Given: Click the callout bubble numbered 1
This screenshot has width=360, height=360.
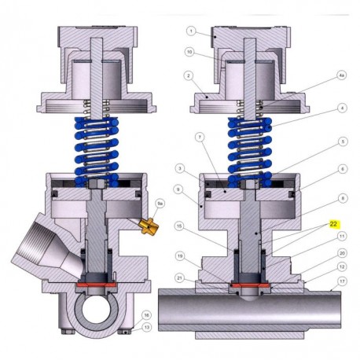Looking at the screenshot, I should click(x=190, y=31).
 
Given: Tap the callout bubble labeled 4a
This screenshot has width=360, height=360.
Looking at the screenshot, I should click(x=341, y=75).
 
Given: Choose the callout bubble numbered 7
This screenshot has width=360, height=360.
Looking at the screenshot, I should click(x=200, y=137).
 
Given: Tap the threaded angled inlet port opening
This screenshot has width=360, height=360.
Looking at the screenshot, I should click(x=32, y=249).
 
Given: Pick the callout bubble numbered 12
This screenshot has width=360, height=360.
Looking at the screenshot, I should click(x=343, y=266).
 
